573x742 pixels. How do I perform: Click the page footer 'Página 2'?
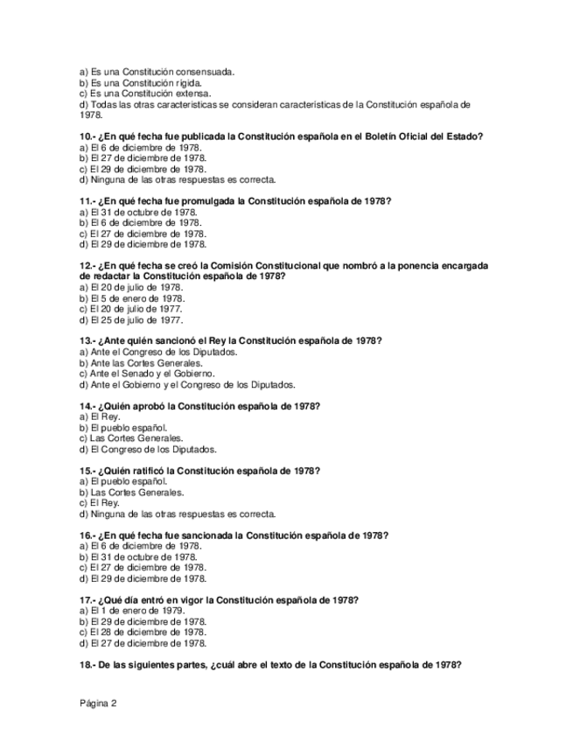[97, 703]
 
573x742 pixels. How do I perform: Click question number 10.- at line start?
[86, 136]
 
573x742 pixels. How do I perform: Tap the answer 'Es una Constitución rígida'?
[140, 83]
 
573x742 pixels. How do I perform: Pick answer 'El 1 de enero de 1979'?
[137, 610]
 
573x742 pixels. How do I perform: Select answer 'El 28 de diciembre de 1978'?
[148, 632]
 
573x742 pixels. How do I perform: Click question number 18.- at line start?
[86, 664]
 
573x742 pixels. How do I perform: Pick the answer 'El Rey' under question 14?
[104, 416]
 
